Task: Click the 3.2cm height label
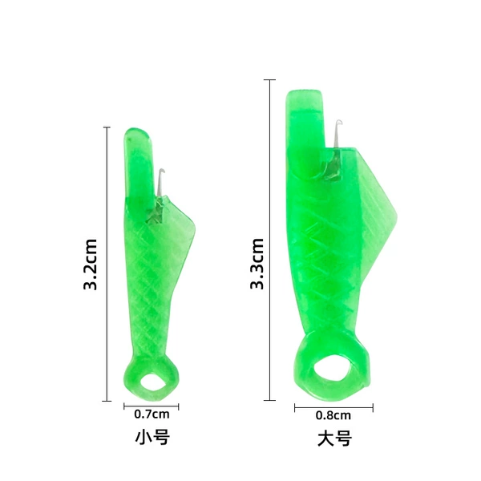pos(90,264)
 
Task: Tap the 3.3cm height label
pos(257,264)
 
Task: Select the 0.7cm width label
pos(152,414)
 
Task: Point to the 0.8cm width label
pos(333,415)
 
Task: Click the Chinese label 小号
pos(152,438)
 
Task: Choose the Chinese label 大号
pos(334,439)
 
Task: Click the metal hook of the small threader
pos(160,182)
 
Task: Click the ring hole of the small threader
pos(153,382)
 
